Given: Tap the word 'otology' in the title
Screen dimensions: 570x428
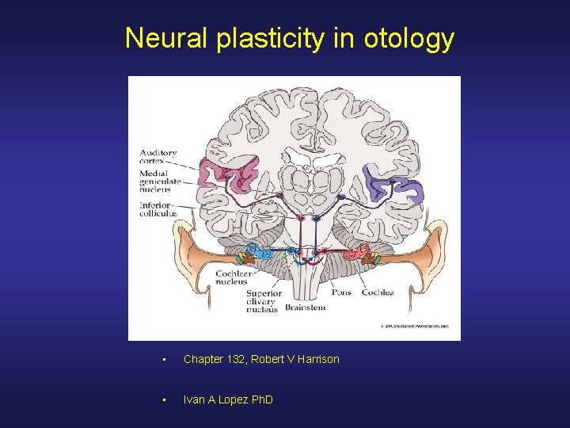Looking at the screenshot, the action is [x=408, y=38].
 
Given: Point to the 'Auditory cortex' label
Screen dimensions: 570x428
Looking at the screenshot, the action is [x=158, y=156].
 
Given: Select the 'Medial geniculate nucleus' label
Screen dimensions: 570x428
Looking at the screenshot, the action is [x=160, y=182].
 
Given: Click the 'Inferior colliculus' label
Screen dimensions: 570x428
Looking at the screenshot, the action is [x=157, y=209].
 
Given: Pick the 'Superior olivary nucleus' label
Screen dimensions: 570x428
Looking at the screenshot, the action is [x=260, y=300].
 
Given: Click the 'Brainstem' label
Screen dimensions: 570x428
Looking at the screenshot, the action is [x=305, y=308].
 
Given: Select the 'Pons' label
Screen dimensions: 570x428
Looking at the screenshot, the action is [x=341, y=292].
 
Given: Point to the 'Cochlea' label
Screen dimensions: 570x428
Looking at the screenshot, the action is [x=378, y=292].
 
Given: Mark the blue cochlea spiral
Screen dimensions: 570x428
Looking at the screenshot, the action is [x=266, y=255].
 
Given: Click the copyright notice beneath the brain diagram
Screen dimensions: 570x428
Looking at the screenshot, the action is [x=416, y=326].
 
